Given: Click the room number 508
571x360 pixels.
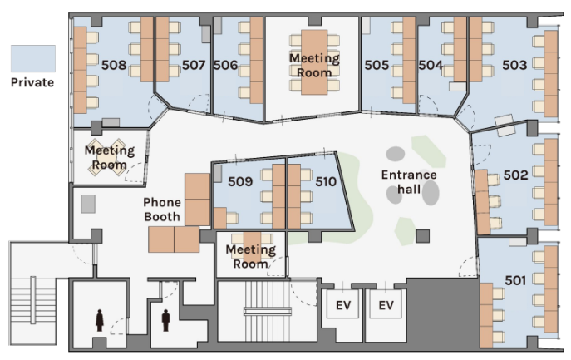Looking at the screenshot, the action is click(114, 65).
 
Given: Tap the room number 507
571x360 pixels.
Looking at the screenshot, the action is click(194, 65).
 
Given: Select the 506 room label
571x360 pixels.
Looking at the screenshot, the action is click(225, 65).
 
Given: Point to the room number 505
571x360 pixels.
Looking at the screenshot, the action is click(377, 65).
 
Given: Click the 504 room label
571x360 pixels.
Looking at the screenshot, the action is click(431, 65).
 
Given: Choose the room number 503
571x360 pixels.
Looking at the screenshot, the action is click(514, 65).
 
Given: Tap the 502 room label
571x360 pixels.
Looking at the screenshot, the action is click(515, 175).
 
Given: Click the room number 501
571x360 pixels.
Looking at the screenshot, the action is click(515, 280).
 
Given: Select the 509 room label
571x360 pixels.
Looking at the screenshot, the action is click(240, 181).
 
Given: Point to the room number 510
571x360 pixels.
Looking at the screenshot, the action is click(326, 181).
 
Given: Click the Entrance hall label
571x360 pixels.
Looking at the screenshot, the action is click(409, 182).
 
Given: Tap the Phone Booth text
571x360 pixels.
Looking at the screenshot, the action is click(162, 210).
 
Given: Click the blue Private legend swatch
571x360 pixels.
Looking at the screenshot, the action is click(33, 58).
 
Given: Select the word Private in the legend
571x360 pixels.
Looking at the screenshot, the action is click(32, 82).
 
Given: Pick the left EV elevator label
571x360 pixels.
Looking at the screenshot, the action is click(343, 305).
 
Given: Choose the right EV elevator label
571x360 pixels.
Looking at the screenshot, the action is click(386, 305).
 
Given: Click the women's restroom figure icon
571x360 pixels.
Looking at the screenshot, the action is click(100, 320).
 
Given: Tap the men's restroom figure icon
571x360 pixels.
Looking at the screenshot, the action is click(165, 320).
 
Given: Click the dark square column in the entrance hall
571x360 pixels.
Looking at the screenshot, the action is click(423, 236).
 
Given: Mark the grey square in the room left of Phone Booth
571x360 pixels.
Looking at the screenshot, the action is click(88, 204).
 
